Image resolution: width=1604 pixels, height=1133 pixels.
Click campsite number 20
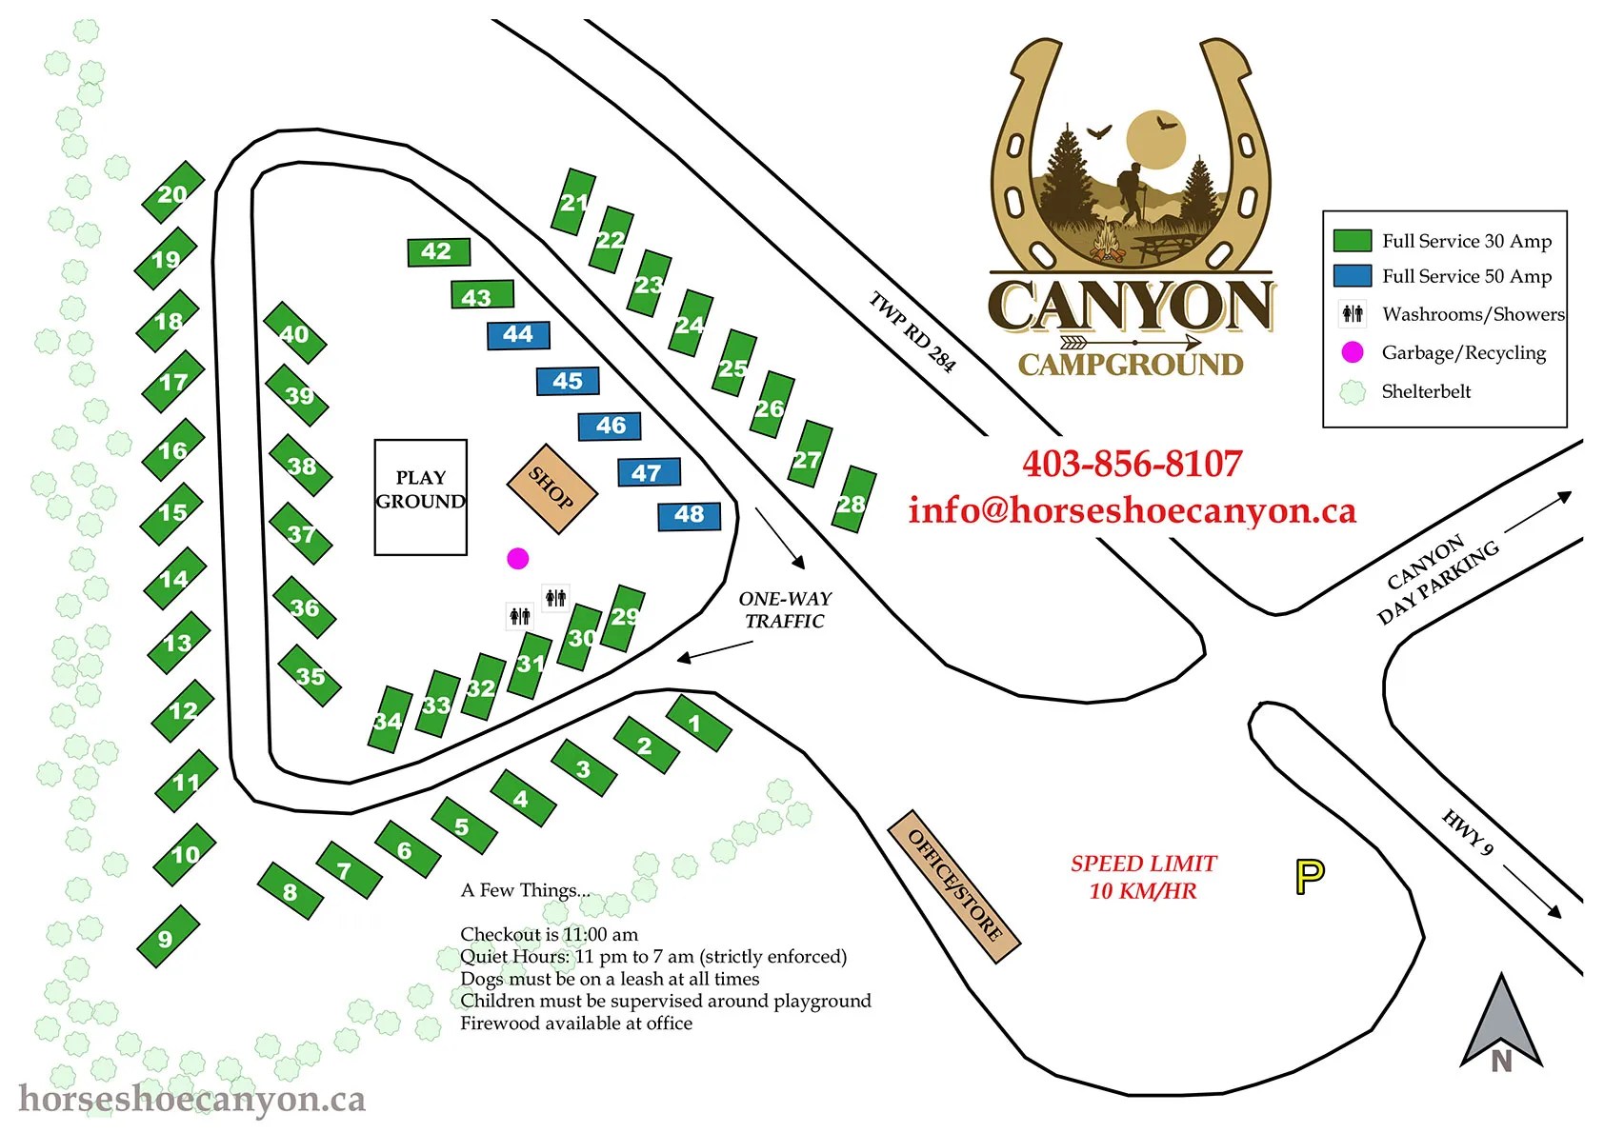click(x=172, y=193)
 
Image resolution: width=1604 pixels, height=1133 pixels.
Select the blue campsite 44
click(x=518, y=334)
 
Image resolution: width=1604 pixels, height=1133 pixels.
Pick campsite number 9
click(x=167, y=938)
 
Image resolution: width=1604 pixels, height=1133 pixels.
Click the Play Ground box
click(x=420, y=496)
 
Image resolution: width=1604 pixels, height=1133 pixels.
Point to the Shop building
click(x=551, y=488)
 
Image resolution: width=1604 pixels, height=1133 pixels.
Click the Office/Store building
click(x=953, y=886)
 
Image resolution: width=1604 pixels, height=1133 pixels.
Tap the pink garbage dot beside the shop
click(x=517, y=558)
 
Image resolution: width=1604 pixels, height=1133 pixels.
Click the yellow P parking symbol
click(x=1310, y=876)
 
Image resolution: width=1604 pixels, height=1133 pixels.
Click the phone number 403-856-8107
click(x=1132, y=464)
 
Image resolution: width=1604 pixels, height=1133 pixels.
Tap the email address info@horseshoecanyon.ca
click(x=1132, y=511)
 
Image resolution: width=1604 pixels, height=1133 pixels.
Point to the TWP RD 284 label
click(x=912, y=330)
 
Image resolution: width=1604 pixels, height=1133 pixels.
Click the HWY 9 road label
click(x=1468, y=831)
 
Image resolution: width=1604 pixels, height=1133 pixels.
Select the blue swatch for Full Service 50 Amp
click(x=1352, y=276)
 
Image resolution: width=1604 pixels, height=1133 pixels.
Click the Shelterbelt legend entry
click(x=1425, y=391)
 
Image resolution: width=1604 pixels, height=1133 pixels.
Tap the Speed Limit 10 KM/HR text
click(x=1143, y=877)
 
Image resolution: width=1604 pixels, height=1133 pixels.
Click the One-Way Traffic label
click(x=785, y=609)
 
